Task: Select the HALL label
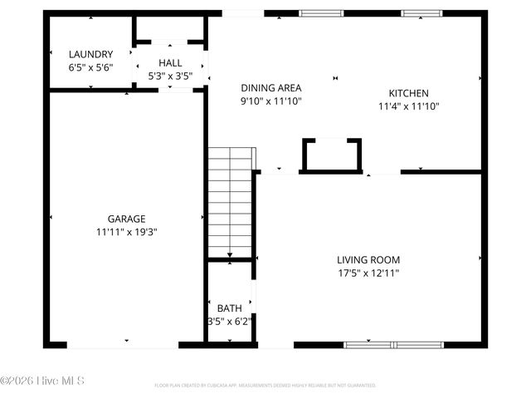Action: pyautogui.click(x=170, y=63)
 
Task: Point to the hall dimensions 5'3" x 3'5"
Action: pyautogui.click(x=170, y=76)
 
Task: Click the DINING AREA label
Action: pyautogui.click(x=270, y=88)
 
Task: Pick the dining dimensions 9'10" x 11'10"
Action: pyautogui.click(x=270, y=101)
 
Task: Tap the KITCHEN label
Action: pyautogui.click(x=408, y=93)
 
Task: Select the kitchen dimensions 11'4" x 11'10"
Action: pyautogui.click(x=408, y=106)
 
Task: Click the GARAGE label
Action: pyautogui.click(x=126, y=219)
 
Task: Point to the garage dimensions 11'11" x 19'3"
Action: pyautogui.click(x=126, y=233)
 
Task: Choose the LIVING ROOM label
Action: pyautogui.click(x=368, y=259)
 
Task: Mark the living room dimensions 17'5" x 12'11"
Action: pyautogui.click(x=368, y=273)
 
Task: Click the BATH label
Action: pyautogui.click(x=229, y=308)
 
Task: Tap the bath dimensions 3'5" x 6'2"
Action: pyautogui.click(x=229, y=320)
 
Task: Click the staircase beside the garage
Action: pyautogui.click(x=230, y=204)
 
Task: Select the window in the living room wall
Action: pyautogui.click(x=394, y=344)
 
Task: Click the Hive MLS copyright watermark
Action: pyautogui.click(x=43, y=382)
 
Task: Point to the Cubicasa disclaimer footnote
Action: pyautogui.click(x=265, y=386)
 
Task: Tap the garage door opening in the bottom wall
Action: pyautogui.click(x=124, y=344)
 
